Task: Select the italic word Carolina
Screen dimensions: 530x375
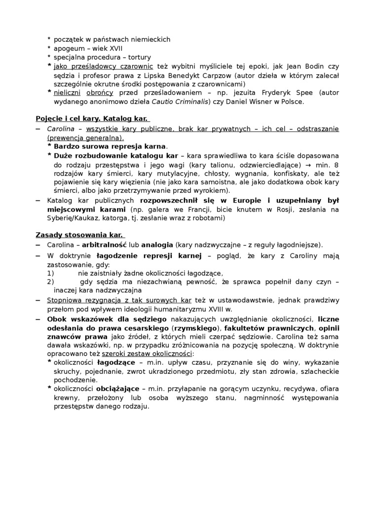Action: (x=60, y=129)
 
